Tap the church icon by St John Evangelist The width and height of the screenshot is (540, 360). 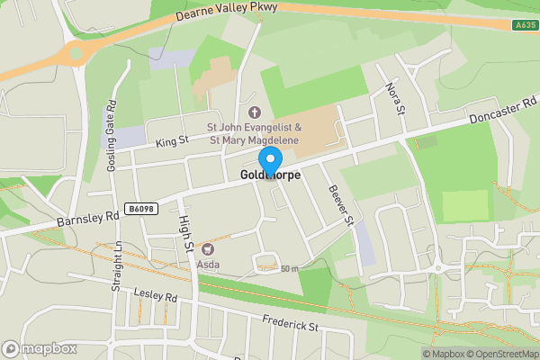click(x=254, y=112)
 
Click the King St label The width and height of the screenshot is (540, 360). click(x=171, y=141)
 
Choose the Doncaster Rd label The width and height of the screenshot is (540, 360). click(x=502, y=112)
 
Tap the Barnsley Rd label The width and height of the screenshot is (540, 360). click(x=87, y=217)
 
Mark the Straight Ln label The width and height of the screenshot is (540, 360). click(x=116, y=266)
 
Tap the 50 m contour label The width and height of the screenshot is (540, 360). click(x=289, y=268)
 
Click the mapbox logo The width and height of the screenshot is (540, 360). click(x=39, y=348)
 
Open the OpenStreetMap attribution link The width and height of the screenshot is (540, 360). click(x=502, y=354)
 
